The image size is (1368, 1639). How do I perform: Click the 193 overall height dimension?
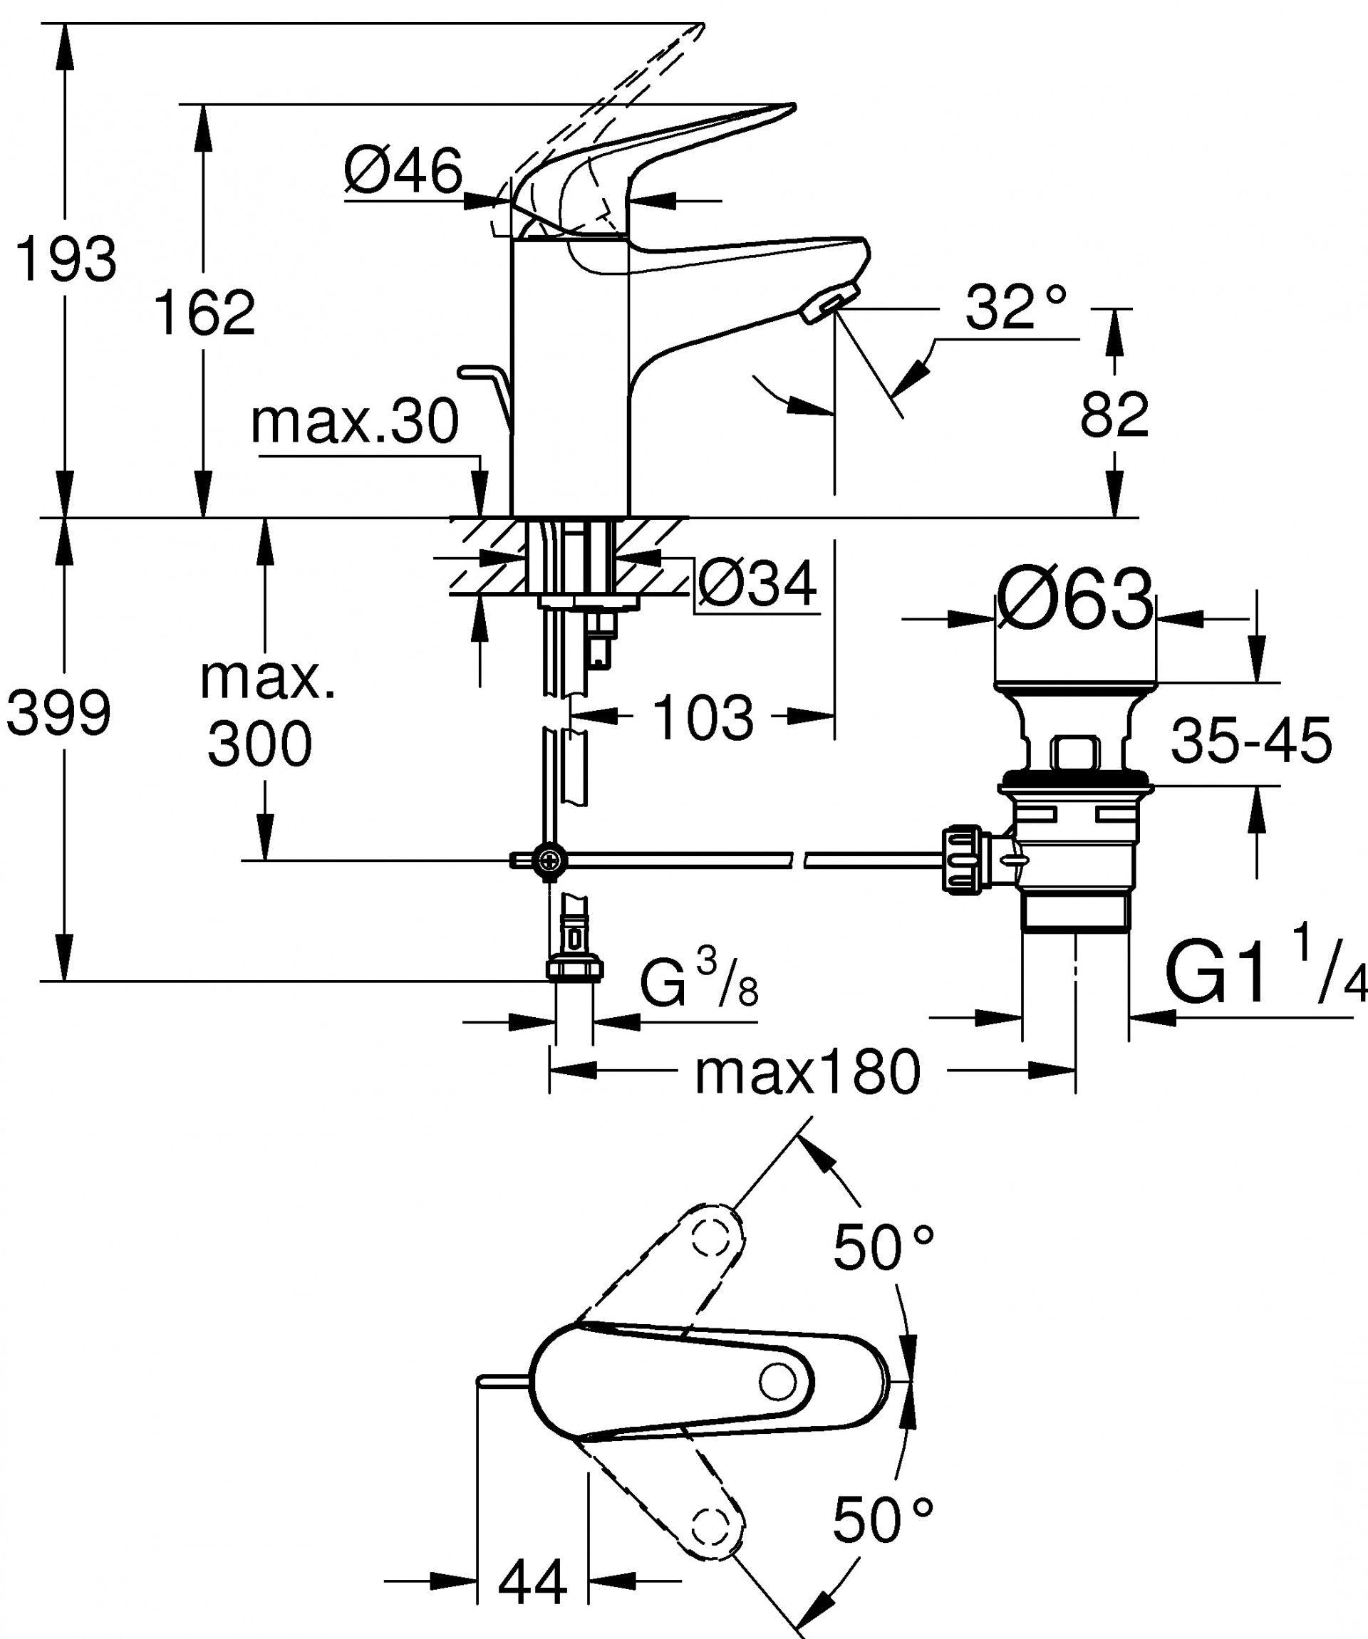pyautogui.click(x=66, y=259)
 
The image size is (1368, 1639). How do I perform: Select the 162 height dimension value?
pyautogui.click(x=204, y=313)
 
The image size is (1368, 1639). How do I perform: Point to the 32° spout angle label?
pyautogui.click(x=1015, y=307)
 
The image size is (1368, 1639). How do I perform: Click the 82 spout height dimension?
pyautogui.click(x=1114, y=415)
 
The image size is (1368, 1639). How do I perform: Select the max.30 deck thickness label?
pyautogui.click(x=355, y=422)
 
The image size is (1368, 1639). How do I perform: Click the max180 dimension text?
pyautogui.click(x=807, y=1073)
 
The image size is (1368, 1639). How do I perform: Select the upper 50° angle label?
pyautogui.click(x=883, y=1247)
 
